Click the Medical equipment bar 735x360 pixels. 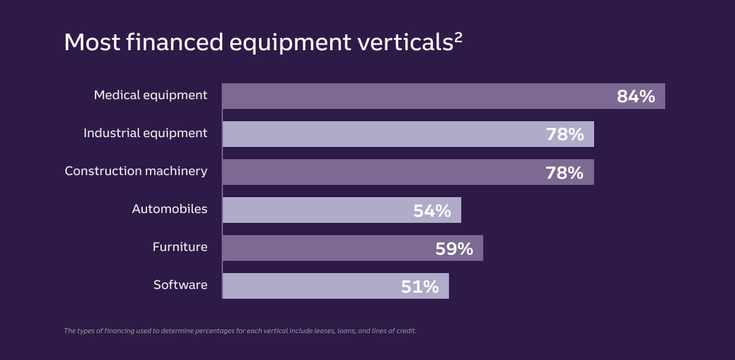[417, 96]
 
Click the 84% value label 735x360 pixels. [636, 96]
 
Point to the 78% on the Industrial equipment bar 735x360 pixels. [565, 134]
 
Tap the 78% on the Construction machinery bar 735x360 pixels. [565, 173]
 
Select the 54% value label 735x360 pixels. [432, 211]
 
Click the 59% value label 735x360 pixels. [454, 249]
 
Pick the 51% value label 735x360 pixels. [420, 287]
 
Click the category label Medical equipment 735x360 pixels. [150, 96]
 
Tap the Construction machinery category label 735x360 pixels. [136, 171]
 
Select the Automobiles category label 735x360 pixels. [170, 209]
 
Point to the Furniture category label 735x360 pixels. [180, 247]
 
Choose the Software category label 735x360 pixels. [180, 285]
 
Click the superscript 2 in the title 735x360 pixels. [458, 36]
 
